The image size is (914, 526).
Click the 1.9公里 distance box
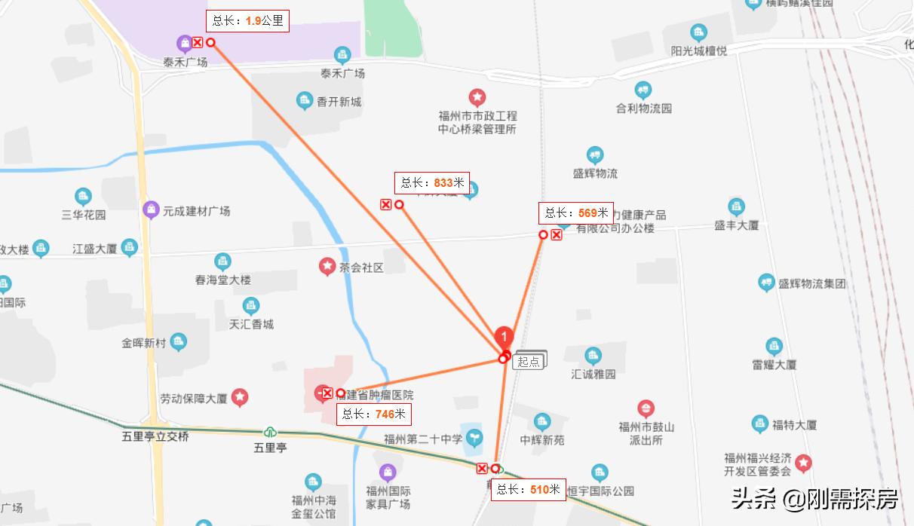(248, 21)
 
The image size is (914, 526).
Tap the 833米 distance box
(432, 183)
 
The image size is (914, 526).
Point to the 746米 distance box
(374, 414)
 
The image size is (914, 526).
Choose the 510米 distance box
(529, 490)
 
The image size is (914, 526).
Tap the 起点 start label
(529, 362)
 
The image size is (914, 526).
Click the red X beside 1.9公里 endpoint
(198, 43)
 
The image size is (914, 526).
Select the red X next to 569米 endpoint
(557, 235)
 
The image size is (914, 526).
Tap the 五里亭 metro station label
(270, 447)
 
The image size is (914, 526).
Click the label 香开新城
(339, 102)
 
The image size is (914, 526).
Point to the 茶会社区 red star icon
(327, 266)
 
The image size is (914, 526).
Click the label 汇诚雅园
(593, 374)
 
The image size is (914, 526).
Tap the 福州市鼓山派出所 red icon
(646, 409)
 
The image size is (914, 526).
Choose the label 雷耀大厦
(774, 364)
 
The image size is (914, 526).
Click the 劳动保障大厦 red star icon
(240, 396)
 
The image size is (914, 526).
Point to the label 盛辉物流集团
(812, 284)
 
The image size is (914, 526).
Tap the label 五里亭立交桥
(155, 436)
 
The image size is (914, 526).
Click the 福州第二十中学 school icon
(474, 436)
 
